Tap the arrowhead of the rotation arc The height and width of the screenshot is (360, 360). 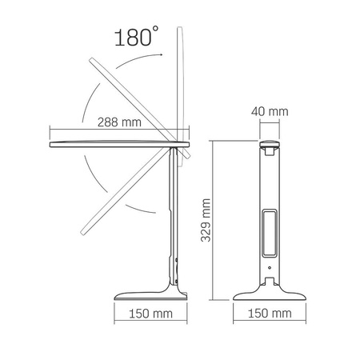(x=161, y=54)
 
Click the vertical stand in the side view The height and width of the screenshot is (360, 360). (x=171, y=216)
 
